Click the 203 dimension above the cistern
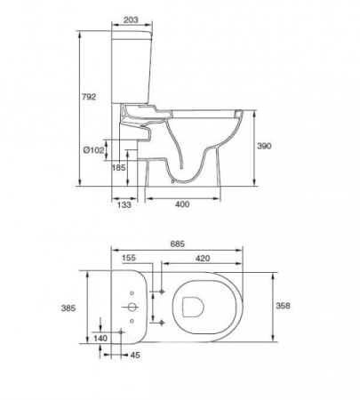point(131,20)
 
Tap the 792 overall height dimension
point(89,97)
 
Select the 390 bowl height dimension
point(264,146)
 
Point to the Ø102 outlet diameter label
point(94,150)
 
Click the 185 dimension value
point(118,168)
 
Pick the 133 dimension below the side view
point(124,204)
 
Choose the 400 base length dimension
point(182,204)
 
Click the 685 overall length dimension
point(178,244)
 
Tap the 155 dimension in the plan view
point(129,258)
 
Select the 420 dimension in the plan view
point(203,259)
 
